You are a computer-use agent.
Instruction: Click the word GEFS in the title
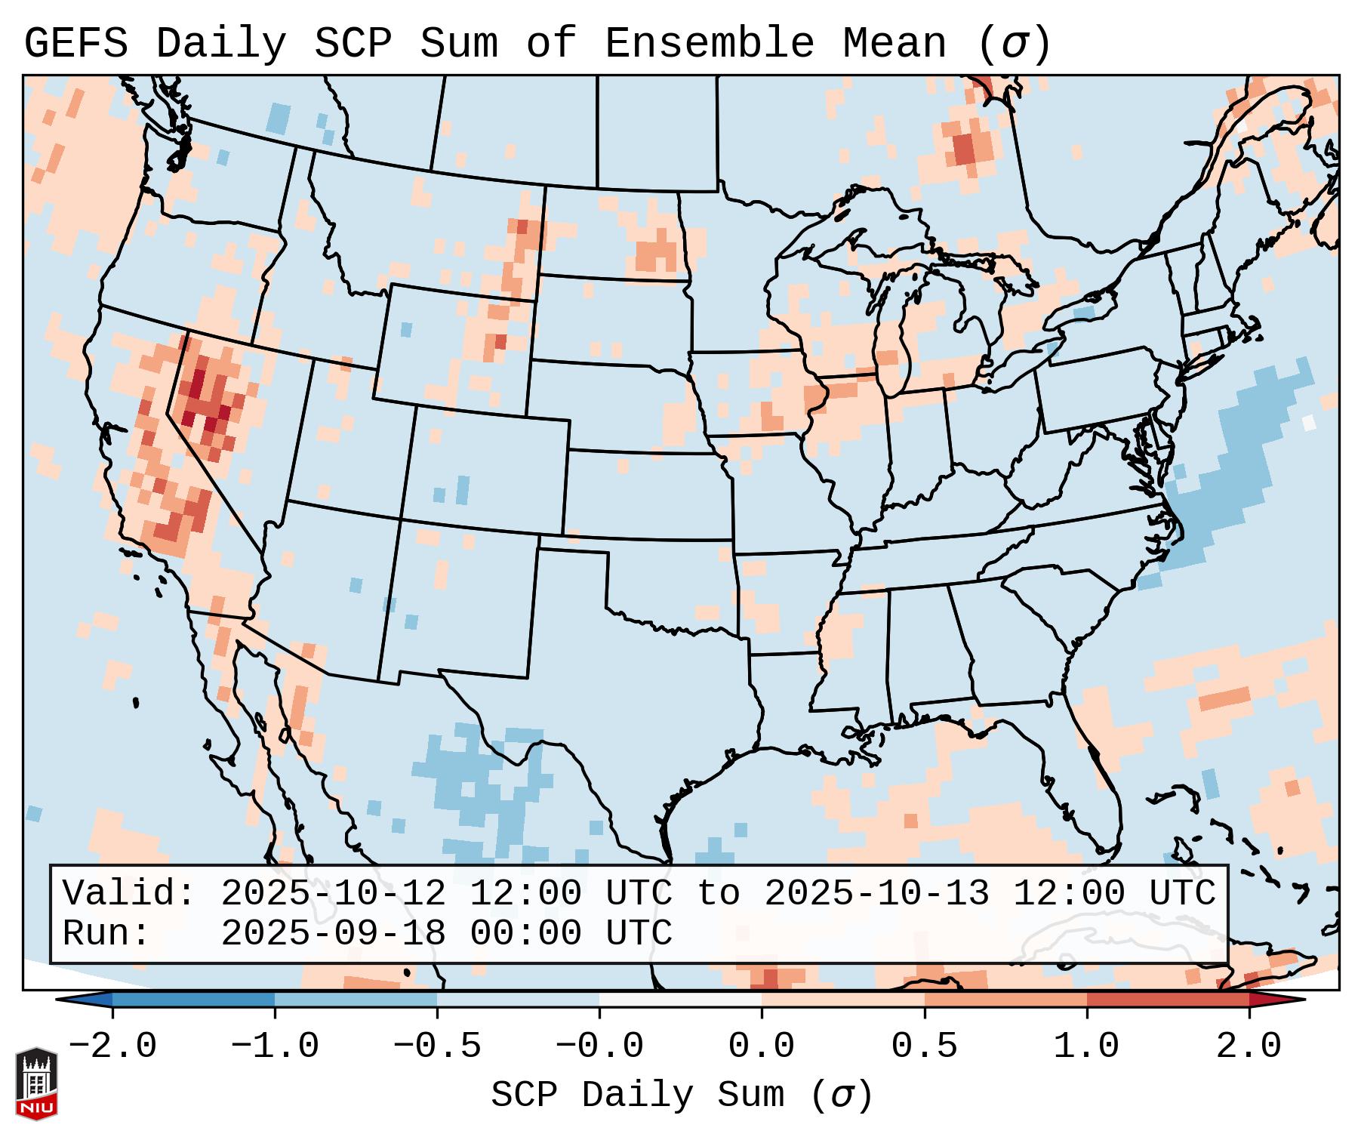tap(75, 43)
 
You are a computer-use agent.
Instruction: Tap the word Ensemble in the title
tap(709, 43)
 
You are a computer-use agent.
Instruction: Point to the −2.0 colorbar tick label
tap(112, 1046)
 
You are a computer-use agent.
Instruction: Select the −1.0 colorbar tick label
tap(275, 1046)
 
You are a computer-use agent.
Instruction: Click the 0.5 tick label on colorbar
tap(924, 1046)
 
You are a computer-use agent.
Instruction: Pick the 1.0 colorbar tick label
tap(1086, 1046)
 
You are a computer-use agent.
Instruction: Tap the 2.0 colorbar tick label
tap(1249, 1046)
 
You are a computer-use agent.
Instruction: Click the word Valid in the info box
tap(128, 893)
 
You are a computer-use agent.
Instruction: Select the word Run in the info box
tap(106, 933)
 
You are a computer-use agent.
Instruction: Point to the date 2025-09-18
tap(333, 933)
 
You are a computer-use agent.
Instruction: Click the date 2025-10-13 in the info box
tap(876, 893)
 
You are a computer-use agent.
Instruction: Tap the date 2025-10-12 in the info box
tap(333, 893)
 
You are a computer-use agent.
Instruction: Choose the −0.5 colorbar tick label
tap(437, 1046)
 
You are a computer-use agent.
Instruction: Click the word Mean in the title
tap(894, 43)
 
